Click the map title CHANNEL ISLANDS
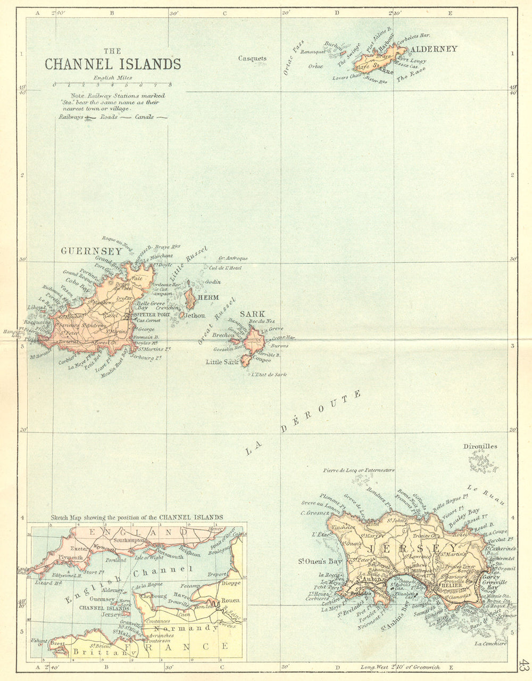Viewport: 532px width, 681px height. pos(112,64)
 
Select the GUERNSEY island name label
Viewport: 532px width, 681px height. pos(84,251)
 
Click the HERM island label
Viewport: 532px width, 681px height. pos(208,297)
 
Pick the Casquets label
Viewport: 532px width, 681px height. pos(252,59)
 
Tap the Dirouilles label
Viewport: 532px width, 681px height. pos(480,446)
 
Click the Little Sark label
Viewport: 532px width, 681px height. pos(222,362)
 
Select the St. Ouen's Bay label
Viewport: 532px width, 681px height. pos(320,561)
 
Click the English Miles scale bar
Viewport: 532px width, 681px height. pos(112,84)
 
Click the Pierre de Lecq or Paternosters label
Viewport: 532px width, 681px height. pos(359,471)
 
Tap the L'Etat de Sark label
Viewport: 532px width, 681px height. pos(269,375)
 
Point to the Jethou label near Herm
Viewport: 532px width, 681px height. pos(195,316)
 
